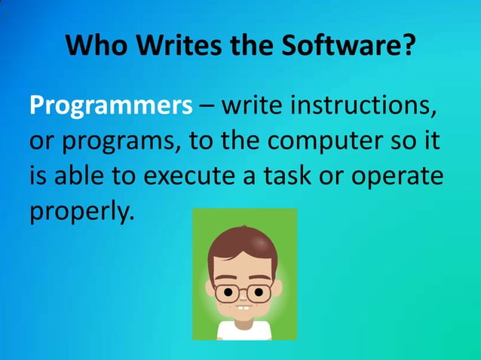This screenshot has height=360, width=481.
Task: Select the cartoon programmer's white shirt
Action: click(244, 331)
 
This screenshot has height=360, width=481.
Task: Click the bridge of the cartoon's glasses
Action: click(244, 291)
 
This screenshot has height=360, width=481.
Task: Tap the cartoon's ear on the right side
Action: click(277, 288)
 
